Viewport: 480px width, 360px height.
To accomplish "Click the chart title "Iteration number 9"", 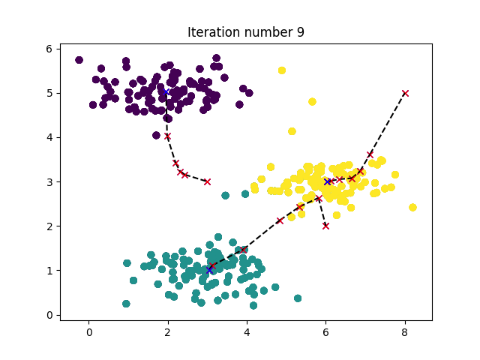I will (245, 32).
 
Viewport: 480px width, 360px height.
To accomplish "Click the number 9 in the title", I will (300, 32).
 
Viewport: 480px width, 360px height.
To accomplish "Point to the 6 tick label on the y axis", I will (47, 49).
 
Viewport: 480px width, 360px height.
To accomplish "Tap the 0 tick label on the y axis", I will (47, 315).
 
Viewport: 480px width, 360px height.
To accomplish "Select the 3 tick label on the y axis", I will (47, 181).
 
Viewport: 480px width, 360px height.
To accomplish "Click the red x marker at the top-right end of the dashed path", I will (405, 93).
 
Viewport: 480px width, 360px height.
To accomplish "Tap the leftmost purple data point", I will (79, 60).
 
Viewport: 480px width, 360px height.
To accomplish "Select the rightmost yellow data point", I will (412, 207).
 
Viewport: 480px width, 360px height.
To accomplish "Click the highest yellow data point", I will (282, 70).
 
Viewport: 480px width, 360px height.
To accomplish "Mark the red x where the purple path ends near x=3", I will (207, 181).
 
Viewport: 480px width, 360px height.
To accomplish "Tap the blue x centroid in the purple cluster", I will (164, 92).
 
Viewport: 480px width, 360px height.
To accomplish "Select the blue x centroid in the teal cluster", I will (209, 269).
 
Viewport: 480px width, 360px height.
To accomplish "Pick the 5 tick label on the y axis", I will (47, 93).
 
